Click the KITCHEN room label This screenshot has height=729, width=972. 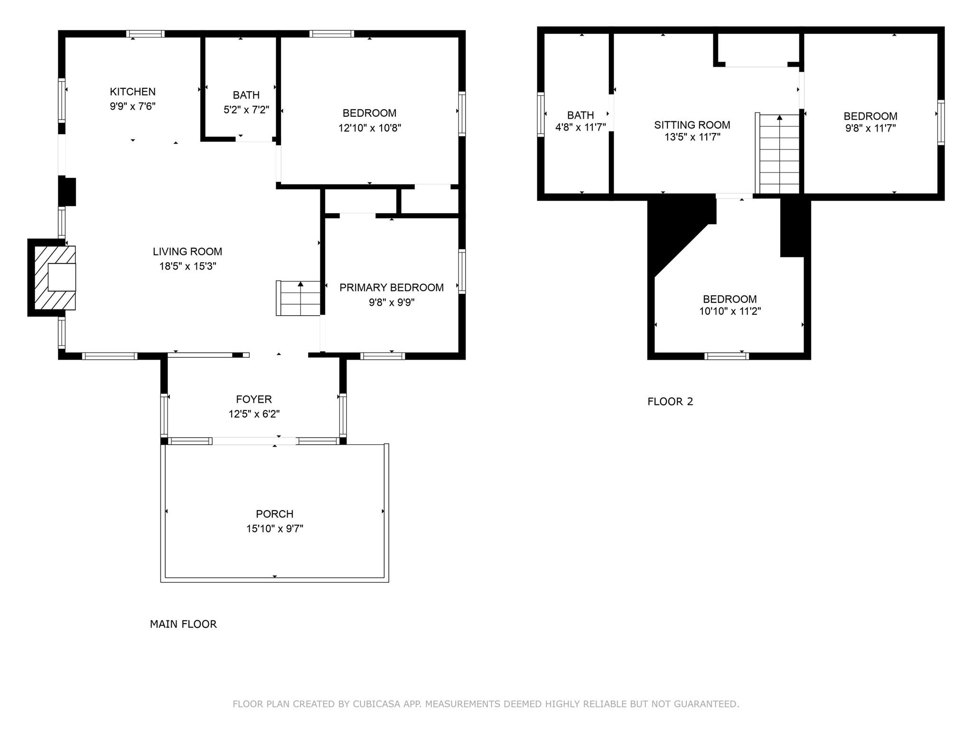coord(133,92)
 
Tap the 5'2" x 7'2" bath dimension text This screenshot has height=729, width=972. coord(246,110)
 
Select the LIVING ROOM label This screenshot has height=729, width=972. coord(187,252)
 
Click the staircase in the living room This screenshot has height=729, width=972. coord(299,298)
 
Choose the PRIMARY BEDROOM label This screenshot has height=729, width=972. coord(392,288)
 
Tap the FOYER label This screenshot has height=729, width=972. coord(254,400)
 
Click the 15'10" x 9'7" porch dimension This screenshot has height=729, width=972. coord(275,529)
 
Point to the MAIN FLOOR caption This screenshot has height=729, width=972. coord(183,624)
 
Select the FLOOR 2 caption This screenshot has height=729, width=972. coord(670,402)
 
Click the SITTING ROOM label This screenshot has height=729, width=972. coord(692,125)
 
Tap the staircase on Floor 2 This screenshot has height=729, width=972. coord(777,153)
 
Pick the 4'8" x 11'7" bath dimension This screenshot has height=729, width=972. coord(581,127)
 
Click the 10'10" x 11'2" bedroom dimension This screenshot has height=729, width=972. coord(730,311)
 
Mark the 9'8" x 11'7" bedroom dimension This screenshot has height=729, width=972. coord(870,128)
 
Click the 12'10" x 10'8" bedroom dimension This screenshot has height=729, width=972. coord(370,128)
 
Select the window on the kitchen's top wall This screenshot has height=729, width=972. coord(145,34)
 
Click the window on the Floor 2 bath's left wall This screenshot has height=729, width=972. coord(541,114)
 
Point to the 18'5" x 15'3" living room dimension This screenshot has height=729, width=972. coord(187,266)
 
